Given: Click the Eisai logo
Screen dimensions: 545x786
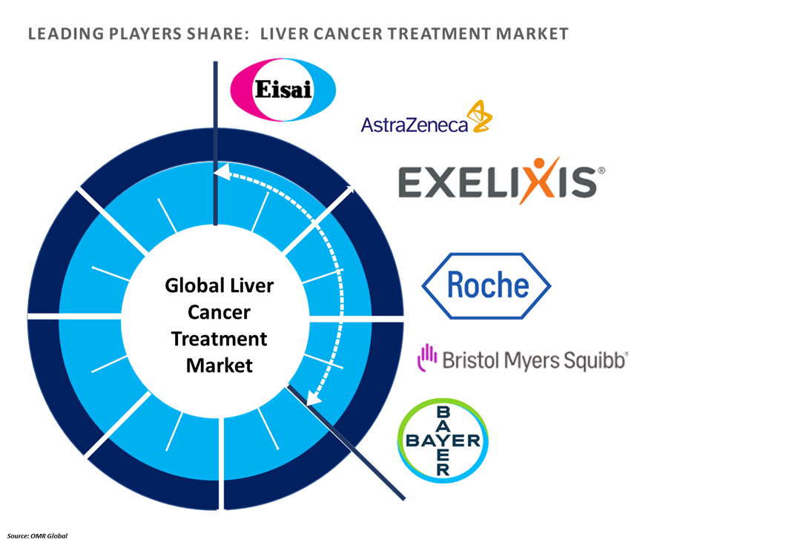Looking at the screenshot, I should (x=283, y=90).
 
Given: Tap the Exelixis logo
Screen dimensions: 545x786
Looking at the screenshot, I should (x=501, y=181).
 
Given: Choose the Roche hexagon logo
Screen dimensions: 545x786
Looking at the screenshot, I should (x=486, y=285).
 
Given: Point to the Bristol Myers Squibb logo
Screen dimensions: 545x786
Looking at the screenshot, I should (x=524, y=360).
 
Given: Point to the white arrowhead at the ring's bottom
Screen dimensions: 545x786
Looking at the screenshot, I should (x=220, y=508).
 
